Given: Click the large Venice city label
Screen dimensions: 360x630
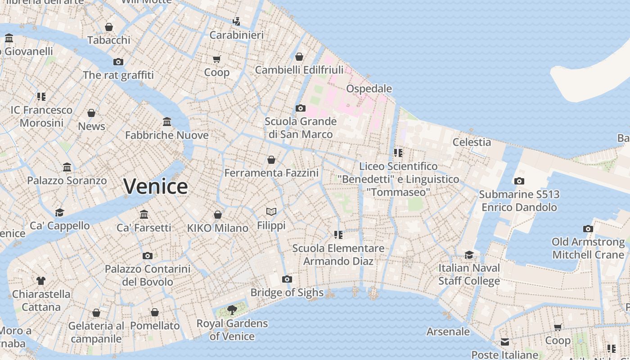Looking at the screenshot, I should [x=155, y=186].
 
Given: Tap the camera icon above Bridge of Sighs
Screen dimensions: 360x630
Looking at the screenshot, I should [x=287, y=279].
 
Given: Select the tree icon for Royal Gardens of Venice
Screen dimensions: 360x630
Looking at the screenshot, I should [x=232, y=310].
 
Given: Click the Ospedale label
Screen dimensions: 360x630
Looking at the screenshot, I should [x=369, y=89].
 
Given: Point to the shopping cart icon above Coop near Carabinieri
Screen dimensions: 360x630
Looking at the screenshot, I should [x=217, y=59].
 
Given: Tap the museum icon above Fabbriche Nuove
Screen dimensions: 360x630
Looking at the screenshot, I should [x=167, y=121].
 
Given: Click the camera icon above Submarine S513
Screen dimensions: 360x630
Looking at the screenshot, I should [x=519, y=181].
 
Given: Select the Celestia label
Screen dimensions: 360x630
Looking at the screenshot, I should [x=472, y=142].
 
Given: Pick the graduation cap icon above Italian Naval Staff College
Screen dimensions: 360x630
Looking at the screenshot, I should [x=469, y=255].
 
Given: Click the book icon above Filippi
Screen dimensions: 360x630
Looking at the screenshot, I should [x=271, y=211].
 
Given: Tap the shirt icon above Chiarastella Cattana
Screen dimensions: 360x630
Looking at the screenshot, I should [x=41, y=281].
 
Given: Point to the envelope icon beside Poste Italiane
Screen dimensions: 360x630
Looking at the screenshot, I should [x=505, y=342].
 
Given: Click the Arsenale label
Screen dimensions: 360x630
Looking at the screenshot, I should [x=448, y=332].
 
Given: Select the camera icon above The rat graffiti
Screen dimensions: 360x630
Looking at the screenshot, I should [x=118, y=62].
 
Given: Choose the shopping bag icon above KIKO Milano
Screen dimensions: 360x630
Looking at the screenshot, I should [x=218, y=215].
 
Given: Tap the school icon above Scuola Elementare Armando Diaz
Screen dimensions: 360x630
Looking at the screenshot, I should [x=338, y=235].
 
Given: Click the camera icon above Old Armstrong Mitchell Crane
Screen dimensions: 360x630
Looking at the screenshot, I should [x=588, y=229].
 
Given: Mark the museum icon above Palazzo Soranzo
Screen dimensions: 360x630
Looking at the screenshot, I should [x=67, y=167].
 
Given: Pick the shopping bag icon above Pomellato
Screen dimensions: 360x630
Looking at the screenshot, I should [x=155, y=312].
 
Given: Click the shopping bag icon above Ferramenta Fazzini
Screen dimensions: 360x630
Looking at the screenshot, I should [x=271, y=160].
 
